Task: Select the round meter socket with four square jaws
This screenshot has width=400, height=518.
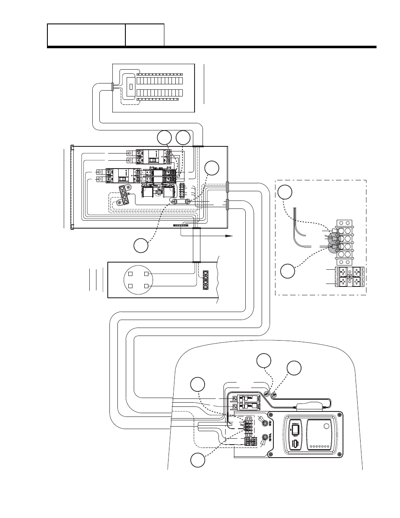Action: click(137, 280)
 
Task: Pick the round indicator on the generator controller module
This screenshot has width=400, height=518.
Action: click(326, 427)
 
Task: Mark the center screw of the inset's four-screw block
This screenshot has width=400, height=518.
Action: click(350, 277)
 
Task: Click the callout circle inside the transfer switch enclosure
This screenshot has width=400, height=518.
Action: click(212, 167)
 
